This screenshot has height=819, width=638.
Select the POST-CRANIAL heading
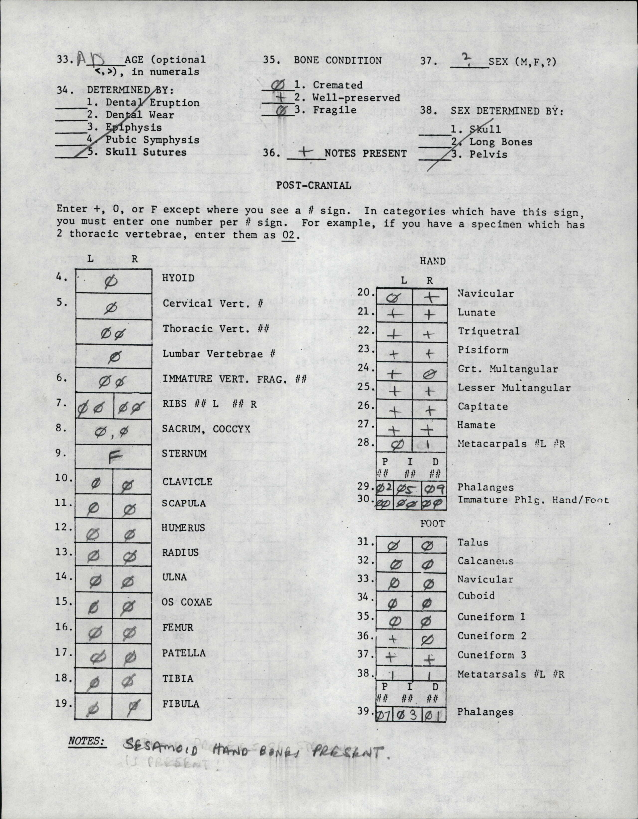(x=314, y=185)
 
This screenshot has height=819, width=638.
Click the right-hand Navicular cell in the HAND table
(x=430, y=297)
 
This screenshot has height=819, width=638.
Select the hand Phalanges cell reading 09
(x=434, y=489)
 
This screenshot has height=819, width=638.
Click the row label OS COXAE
(x=187, y=602)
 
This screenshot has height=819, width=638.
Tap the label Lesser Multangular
(x=514, y=388)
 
